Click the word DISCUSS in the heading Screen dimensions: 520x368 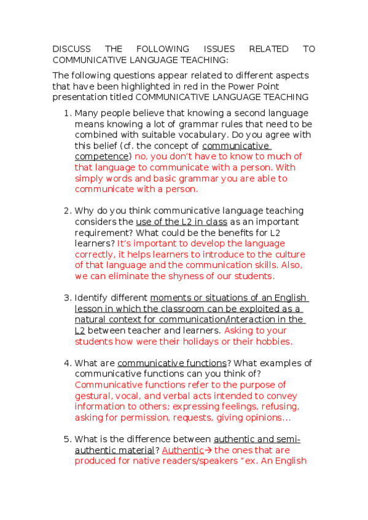(71, 49)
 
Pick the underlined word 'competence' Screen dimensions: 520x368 (103, 157)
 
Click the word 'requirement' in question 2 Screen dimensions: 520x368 (103, 233)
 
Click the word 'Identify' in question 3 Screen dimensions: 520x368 (92, 298)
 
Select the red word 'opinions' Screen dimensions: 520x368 (263, 418)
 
